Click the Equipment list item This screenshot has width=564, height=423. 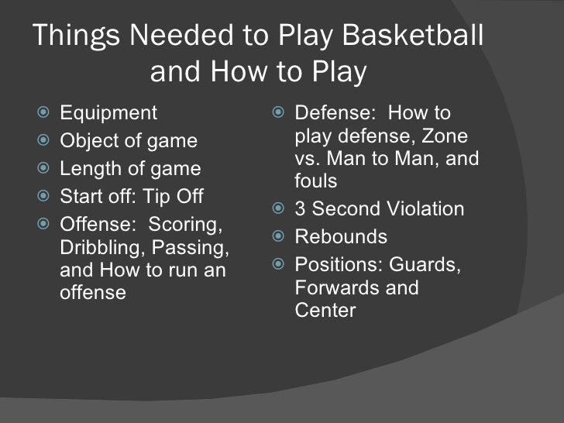tap(108, 113)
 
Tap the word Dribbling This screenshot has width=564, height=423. tap(98, 250)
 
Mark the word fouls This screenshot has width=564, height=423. tap(316, 181)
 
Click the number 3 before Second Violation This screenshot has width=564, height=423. tap(301, 209)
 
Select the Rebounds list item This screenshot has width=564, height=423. tap(341, 237)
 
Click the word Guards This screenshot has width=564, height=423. tap(425, 265)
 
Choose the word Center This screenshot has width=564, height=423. tap(325, 311)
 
